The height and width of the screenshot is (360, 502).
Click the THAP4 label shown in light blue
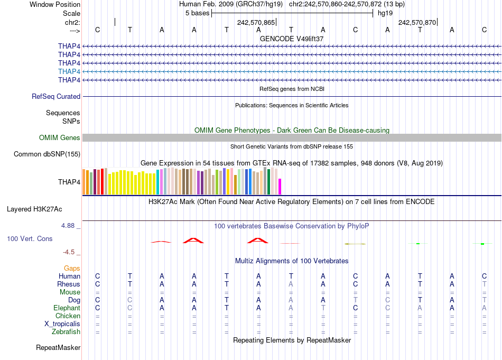coord(69,71)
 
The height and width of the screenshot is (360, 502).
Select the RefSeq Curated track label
coord(56,97)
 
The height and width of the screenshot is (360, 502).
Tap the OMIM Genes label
coord(60,138)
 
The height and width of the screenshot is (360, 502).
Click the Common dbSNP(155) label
coord(48,154)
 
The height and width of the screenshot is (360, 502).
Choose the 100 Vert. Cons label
coord(30,239)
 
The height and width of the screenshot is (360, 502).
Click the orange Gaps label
coord(72,269)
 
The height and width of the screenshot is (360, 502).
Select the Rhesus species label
coord(69,284)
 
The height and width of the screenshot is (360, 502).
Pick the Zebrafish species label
coord(67,332)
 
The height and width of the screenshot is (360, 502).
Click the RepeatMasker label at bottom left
coord(58,348)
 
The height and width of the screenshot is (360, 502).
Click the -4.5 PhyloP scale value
coord(71,252)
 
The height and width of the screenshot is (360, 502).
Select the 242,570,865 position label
coord(256,23)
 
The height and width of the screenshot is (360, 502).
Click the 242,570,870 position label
coord(417,23)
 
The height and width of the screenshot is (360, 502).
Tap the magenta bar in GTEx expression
coord(280,187)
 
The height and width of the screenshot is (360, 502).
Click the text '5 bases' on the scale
coord(197,13)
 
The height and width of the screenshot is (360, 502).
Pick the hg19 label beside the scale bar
coord(385,13)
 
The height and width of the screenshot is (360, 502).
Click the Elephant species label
coord(67,308)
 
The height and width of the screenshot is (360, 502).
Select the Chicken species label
coord(68,316)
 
